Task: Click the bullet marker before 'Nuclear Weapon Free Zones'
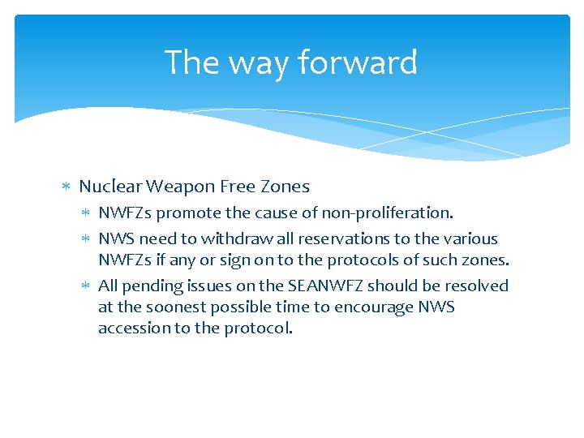(x=67, y=187)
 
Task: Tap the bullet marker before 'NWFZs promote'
(x=87, y=213)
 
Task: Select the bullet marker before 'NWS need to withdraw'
(x=87, y=239)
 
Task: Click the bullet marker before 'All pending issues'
(x=87, y=286)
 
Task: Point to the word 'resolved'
(x=476, y=286)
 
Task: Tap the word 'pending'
(x=151, y=286)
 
